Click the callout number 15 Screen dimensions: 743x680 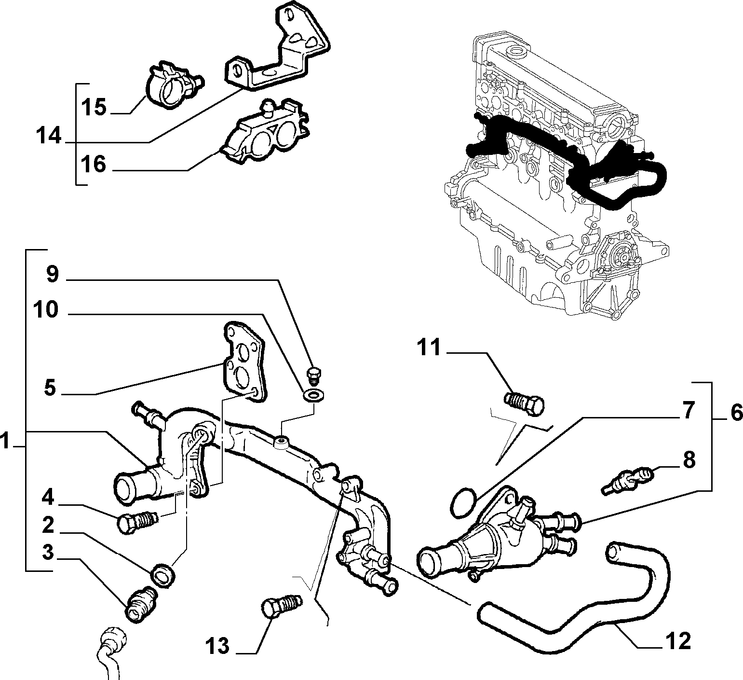(94, 107)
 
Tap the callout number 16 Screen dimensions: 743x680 (94, 164)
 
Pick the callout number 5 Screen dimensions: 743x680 (50, 388)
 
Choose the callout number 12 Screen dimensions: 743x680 (678, 640)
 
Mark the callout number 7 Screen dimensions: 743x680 (687, 410)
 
